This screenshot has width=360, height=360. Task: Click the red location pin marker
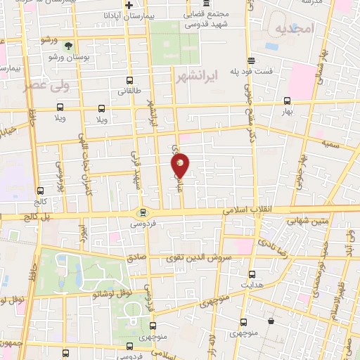tap(180, 165)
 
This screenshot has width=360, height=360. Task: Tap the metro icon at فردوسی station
tap(142, 211)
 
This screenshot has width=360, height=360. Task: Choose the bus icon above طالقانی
tap(129, 80)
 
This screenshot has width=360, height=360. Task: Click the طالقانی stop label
tap(129, 91)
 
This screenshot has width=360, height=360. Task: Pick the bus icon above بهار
tap(287, 101)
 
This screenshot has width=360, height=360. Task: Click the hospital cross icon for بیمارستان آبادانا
tap(128, 6)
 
